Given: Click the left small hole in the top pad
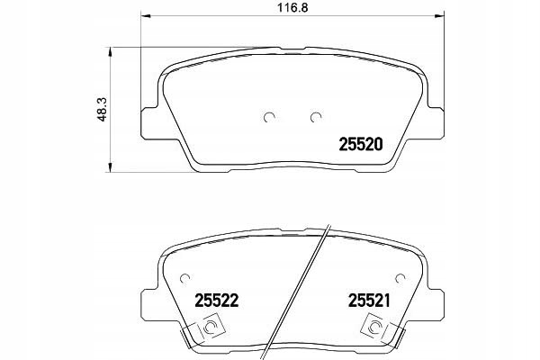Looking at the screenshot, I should coord(269,115).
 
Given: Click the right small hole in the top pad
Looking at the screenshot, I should coord(315,115).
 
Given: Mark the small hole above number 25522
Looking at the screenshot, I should coord(184,276).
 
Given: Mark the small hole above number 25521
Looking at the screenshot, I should coord(400,276).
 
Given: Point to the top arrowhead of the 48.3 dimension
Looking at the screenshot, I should coord(111,49).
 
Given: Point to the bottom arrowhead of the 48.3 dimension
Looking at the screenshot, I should coord(111,165).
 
